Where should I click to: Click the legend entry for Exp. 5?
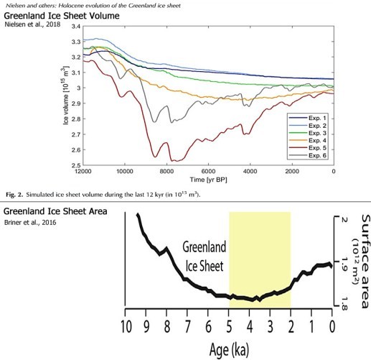click(308, 148)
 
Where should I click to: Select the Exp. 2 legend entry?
click(308, 126)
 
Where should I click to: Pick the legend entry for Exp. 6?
click(308, 155)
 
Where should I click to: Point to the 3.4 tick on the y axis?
click(75, 27)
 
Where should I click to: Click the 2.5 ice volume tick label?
click(75, 165)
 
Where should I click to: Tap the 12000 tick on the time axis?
click(83, 171)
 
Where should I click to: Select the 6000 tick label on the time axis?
click(208, 171)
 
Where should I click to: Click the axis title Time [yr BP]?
click(208, 180)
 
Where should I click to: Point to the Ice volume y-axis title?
click(66, 96)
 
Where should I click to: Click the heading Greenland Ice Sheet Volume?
click(62, 16)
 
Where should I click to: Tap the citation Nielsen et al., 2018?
click(32, 24)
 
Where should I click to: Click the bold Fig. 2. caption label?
click(14, 195)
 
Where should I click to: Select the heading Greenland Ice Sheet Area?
click(55, 211)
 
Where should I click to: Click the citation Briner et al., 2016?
click(30, 222)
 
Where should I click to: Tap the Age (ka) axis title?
click(229, 349)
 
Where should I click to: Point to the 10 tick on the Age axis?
click(126, 326)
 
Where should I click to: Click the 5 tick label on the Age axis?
click(229, 326)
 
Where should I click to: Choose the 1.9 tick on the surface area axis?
click(344, 264)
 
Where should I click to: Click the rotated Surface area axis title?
click(366, 262)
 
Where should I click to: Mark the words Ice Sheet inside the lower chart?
click(205, 266)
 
